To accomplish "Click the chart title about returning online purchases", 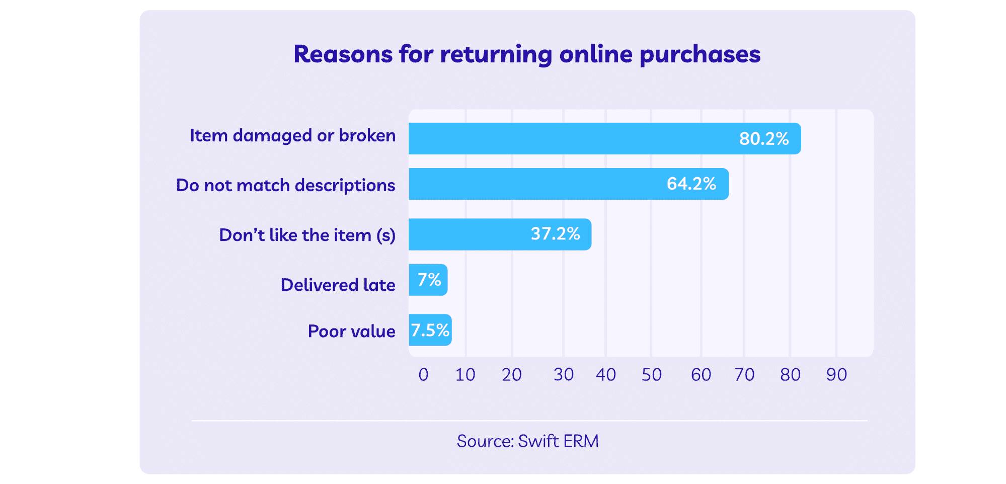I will [527, 54].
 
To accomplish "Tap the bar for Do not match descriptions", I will [533, 184].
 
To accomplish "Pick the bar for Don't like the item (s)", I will [468, 234].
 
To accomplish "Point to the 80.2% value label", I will [763, 139].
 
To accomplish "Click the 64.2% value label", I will [691, 184].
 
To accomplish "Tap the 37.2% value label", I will [555, 234].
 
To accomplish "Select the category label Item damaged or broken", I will [292, 136].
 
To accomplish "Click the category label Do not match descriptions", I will [285, 186].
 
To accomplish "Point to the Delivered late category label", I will [338, 285].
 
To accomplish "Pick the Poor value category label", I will [351, 332].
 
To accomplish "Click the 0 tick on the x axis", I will [423, 375].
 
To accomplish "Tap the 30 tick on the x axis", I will [563, 375].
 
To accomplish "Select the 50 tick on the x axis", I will [651, 375].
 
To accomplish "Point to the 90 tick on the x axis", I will [836, 375].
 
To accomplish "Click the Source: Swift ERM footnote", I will [527, 441].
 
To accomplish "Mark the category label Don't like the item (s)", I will [307, 235].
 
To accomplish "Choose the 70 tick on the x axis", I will [744, 375].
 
